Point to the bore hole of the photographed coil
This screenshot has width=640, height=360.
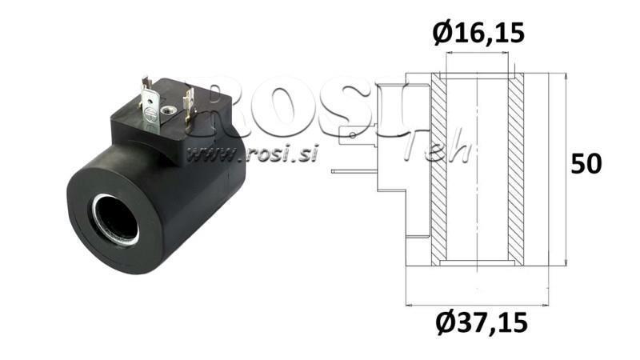[x=116, y=218]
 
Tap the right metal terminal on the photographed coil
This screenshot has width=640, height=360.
[x=190, y=104]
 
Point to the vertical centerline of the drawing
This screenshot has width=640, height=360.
[x=477, y=176]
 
